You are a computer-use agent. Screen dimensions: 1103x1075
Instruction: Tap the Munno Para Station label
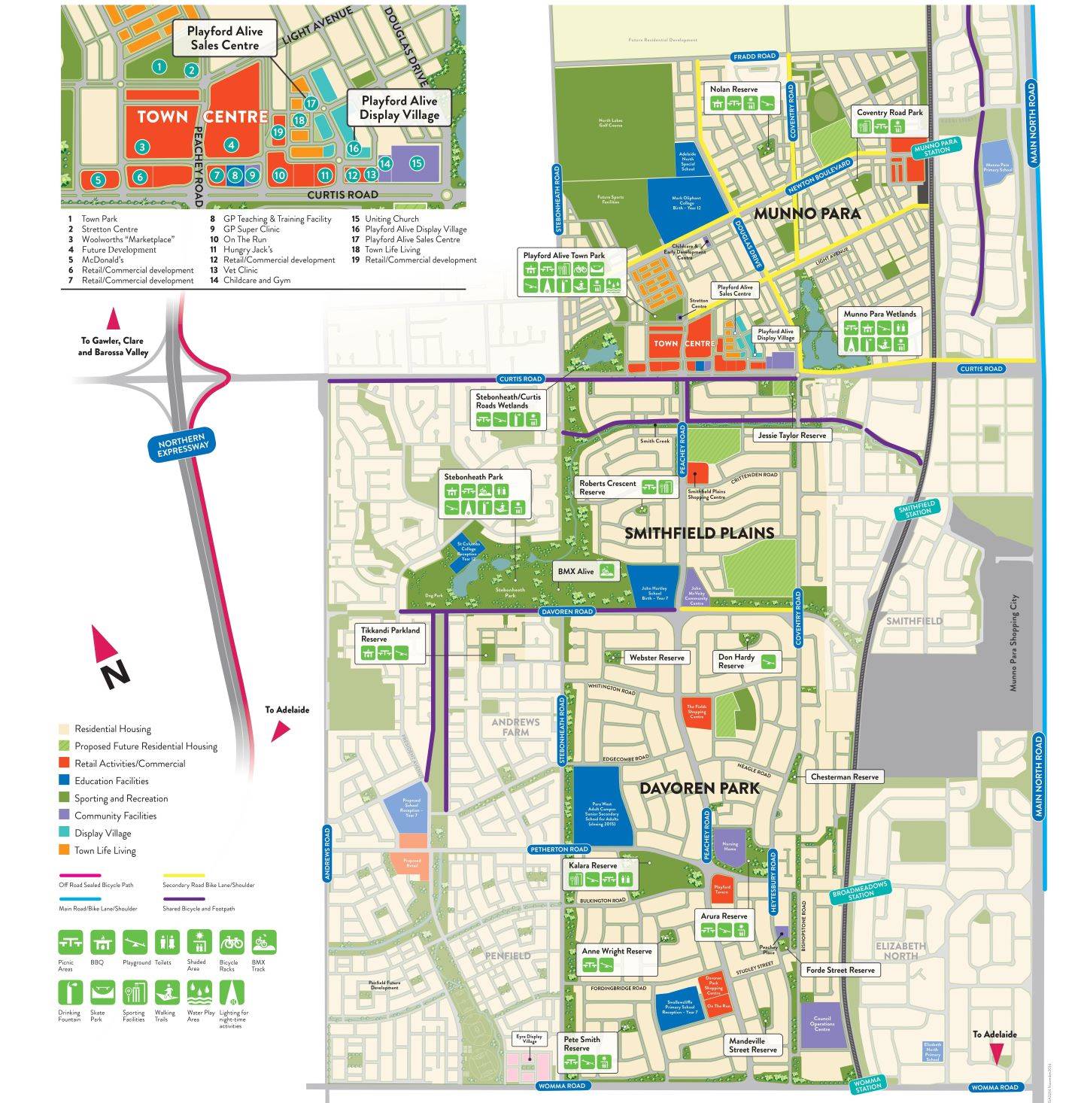[937, 146]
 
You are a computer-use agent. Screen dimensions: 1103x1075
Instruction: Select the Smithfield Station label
[917, 509]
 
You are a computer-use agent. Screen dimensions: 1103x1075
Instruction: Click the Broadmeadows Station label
[861, 892]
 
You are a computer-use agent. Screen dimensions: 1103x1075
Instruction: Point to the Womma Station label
[867, 1084]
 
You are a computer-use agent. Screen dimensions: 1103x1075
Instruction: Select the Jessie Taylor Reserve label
[792, 435]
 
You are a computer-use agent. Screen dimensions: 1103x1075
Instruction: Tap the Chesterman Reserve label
[844, 776]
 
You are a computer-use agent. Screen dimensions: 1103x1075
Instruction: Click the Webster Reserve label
[657, 658]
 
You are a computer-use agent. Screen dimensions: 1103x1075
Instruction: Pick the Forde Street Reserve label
[840, 970]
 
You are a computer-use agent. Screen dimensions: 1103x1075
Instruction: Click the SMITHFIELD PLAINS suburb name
[699, 533]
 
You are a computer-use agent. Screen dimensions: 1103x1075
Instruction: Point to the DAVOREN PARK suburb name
[700, 788]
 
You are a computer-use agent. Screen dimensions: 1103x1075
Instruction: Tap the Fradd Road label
[754, 56]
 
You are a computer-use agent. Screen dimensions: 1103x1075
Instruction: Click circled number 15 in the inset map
[416, 163]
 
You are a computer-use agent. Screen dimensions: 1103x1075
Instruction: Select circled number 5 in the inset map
[98, 180]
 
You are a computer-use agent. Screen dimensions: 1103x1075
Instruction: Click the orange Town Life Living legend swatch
[65, 850]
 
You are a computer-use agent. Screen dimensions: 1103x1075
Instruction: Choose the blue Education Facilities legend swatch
[65, 781]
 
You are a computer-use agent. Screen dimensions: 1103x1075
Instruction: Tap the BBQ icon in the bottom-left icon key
[102, 942]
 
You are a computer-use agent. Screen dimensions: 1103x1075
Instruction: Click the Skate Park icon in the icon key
[102, 992]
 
